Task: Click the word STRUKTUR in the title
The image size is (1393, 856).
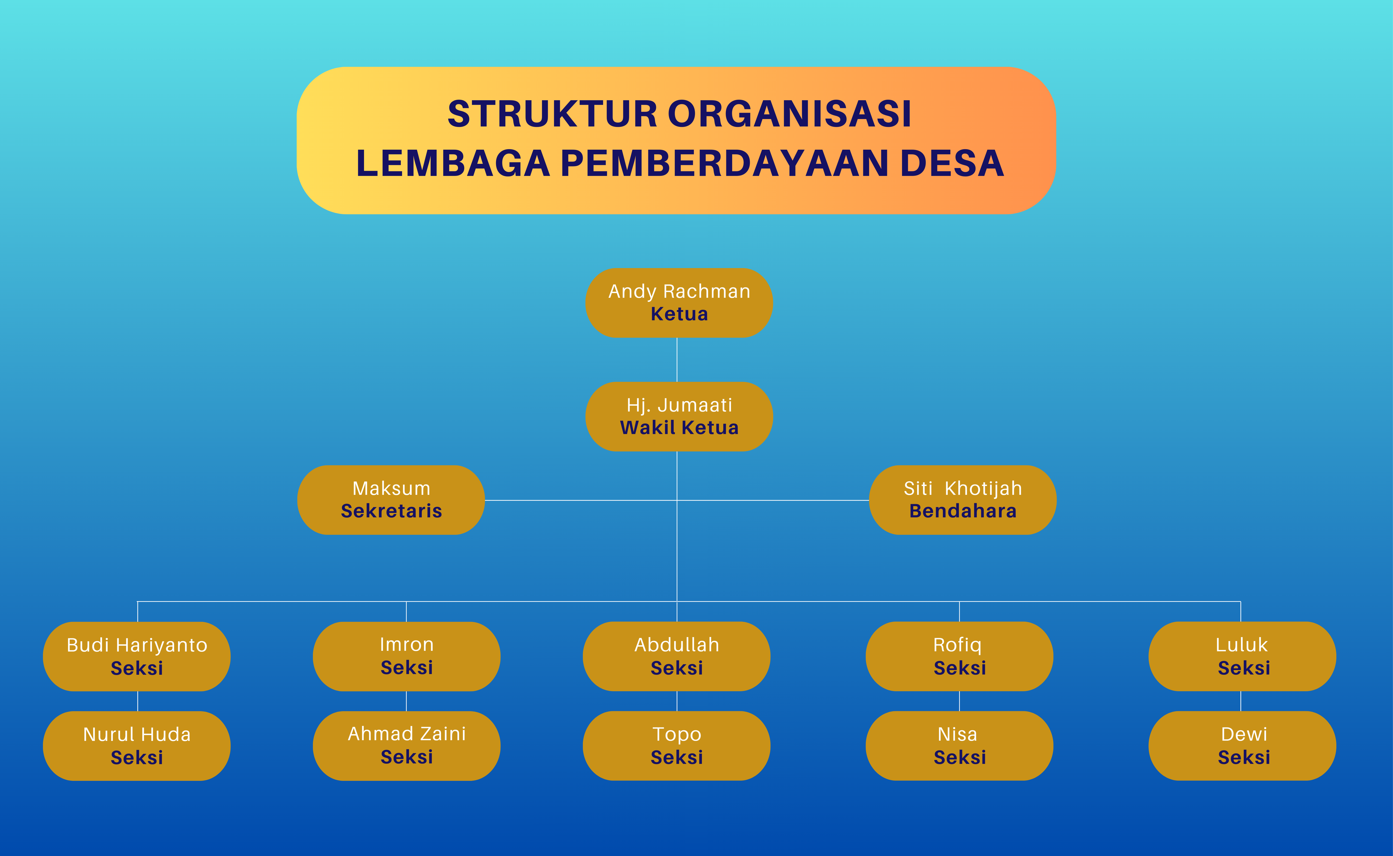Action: pyautogui.click(x=553, y=114)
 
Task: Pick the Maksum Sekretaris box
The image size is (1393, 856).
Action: pyautogui.click(x=391, y=500)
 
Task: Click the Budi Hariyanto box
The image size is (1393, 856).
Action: pyautogui.click(x=137, y=657)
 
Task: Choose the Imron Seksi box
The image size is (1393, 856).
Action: pyautogui.click(x=407, y=657)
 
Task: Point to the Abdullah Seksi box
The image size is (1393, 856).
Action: pyautogui.click(x=676, y=657)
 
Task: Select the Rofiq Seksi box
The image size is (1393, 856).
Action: pyautogui.click(x=959, y=657)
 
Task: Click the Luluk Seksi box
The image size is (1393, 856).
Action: pyautogui.click(x=1242, y=657)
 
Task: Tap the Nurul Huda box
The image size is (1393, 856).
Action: pyautogui.click(x=137, y=746)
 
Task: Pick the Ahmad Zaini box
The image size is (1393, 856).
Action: pyautogui.click(x=407, y=746)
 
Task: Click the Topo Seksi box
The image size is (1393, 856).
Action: pyautogui.click(x=676, y=746)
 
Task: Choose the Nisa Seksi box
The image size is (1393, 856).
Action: pyautogui.click(x=959, y=746)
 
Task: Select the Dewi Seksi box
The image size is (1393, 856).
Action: pyautogui.click(x=1242, y=746)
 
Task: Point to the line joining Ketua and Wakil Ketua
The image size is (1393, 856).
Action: pyautogui.click(x=677, y=360)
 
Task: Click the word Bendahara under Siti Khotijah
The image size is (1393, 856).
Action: pyautogui.click(x=963, y=511)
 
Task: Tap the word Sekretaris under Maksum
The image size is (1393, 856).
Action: pyautogui.click(x=391, y=511)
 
